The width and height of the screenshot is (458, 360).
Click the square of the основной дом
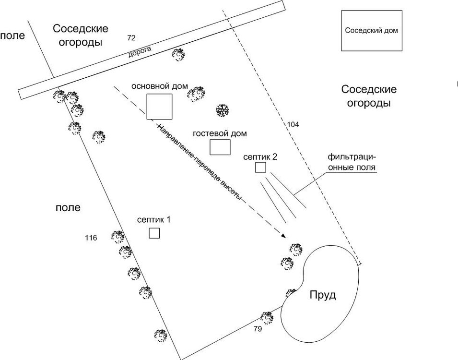click(x=159, y=107)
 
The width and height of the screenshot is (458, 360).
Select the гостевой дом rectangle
click(x=221, y=147)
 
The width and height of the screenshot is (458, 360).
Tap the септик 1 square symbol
click(x=154, y=233)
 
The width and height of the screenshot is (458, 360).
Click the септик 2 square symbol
click(x=260, y=168)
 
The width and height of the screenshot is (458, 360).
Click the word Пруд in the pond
click(x=322, y=294)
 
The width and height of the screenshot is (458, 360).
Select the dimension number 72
click(x=131, y=37)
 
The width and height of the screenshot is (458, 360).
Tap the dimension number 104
click(x=293, y=124)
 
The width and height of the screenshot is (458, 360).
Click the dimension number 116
click(x=91, y=238)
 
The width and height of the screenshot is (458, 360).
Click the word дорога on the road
click(x=140, y=52)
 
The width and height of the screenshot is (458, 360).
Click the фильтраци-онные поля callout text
click(x=352, y=162)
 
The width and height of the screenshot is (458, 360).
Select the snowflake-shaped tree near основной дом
click(x=222, y=111)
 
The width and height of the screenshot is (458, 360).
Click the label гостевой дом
click(x=220, y=133)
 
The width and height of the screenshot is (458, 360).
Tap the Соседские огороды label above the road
click(x=81, y=35)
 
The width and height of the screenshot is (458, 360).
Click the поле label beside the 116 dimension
click(x=68, y=208)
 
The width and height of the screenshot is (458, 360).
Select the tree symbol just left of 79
click(x=267, y=317)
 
